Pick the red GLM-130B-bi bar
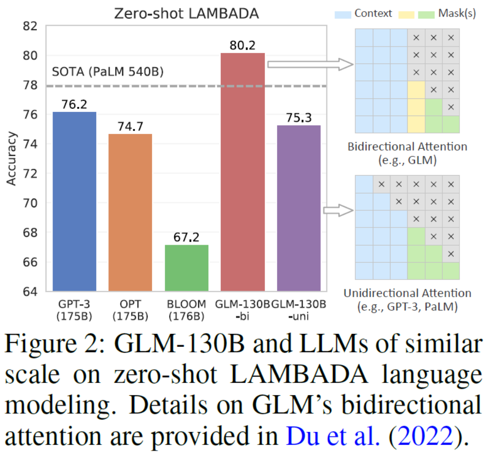pyautogui.click(x=242, y=172)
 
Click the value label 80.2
pyautogui.click(x=242, y=46)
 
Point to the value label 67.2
pyautogui.click(x=186, y=237)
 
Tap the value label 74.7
pyautogui.click(x=130, y=127)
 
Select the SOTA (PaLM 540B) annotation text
pyautogui.click(x=107, y=73)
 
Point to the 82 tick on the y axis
pyautogui.click(x=31, y=26)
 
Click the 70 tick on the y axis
pyautogui.click(x=31, y=203)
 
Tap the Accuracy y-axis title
pyautogui.click(x=11, y=158)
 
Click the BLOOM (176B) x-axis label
pyautogui.click(x=186, y=310)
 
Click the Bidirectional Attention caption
pyautogui.click(x=407, y=147)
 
